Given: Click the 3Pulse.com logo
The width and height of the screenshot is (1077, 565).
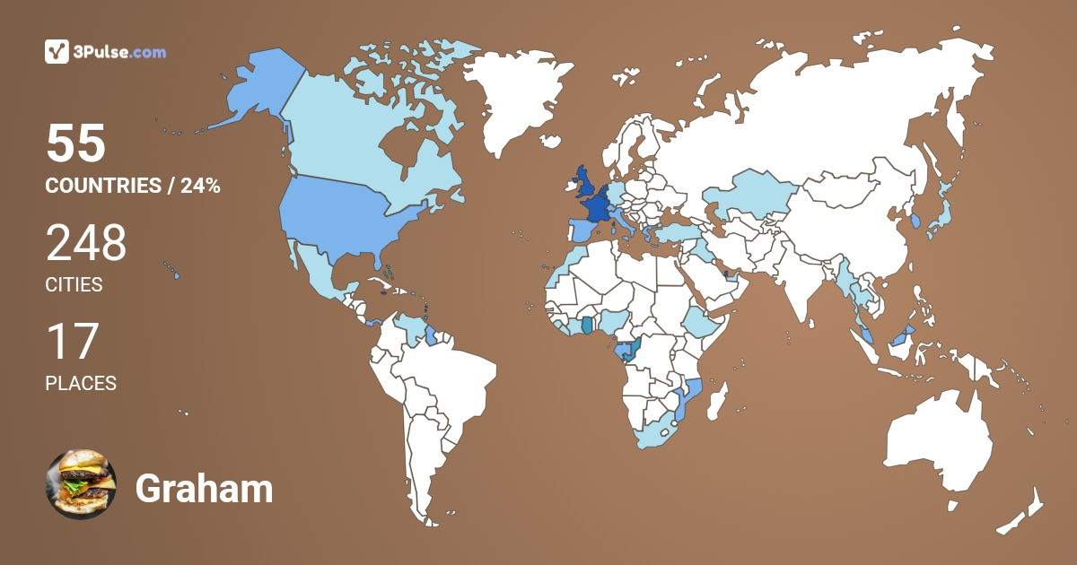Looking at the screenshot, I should [x=105, y=52].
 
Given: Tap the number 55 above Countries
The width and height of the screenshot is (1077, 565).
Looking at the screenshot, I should [x=76, y=143].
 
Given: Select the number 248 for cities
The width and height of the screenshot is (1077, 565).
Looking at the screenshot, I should [x=86, y=243].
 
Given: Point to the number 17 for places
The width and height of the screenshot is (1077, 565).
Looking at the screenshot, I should [x=71, y=342].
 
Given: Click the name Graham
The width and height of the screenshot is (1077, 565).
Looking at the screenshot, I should [x=204, y=489].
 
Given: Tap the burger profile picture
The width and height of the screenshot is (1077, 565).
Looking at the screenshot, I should [x=81, y=485].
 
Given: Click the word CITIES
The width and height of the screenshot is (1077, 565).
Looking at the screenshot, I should [x=74, y=285].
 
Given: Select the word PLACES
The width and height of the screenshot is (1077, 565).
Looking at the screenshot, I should [x=81, y=384].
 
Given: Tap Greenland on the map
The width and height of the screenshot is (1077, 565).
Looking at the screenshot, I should [x=521, y=99].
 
